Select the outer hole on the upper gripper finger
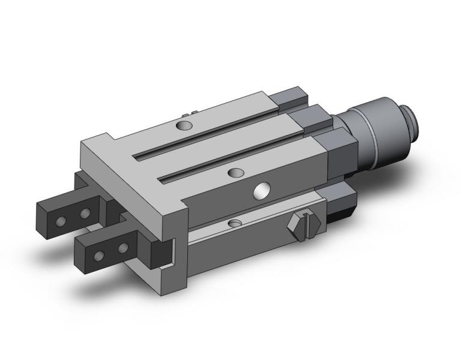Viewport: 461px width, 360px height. point(60,221)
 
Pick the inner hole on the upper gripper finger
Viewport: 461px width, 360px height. point(85,213)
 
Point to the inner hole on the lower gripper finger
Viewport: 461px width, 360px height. point(123,247)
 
